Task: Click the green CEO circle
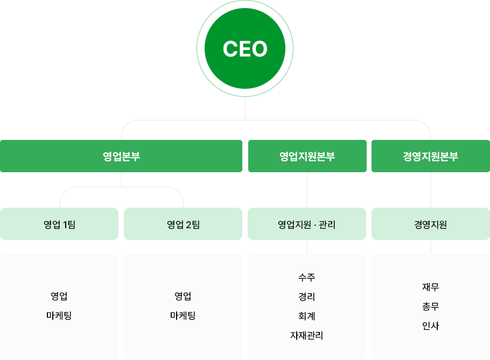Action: [x=245, y=48]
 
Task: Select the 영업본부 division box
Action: [x=121, y=156]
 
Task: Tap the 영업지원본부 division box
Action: [x=307, y=156]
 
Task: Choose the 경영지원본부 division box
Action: [x=431, y=156]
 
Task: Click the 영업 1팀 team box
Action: [x=59, y=224]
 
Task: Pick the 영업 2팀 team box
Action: [x=183, y=224]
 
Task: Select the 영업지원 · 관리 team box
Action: [x=307, y=224]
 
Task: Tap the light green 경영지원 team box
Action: [x=431, y=224]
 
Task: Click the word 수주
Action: [x=307, y=277]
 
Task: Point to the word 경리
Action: [x=307, y=297]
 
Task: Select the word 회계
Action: [x=307, y=316]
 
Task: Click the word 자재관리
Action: [x=307, y=335]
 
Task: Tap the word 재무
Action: [x=431, y=287]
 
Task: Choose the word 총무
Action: [x=431, y=306]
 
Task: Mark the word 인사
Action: [x=431, y=326]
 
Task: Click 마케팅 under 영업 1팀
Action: [x=59, y=316]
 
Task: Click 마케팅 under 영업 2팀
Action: [x=183, y=316]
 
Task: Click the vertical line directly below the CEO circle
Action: [x=245, y=108]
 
